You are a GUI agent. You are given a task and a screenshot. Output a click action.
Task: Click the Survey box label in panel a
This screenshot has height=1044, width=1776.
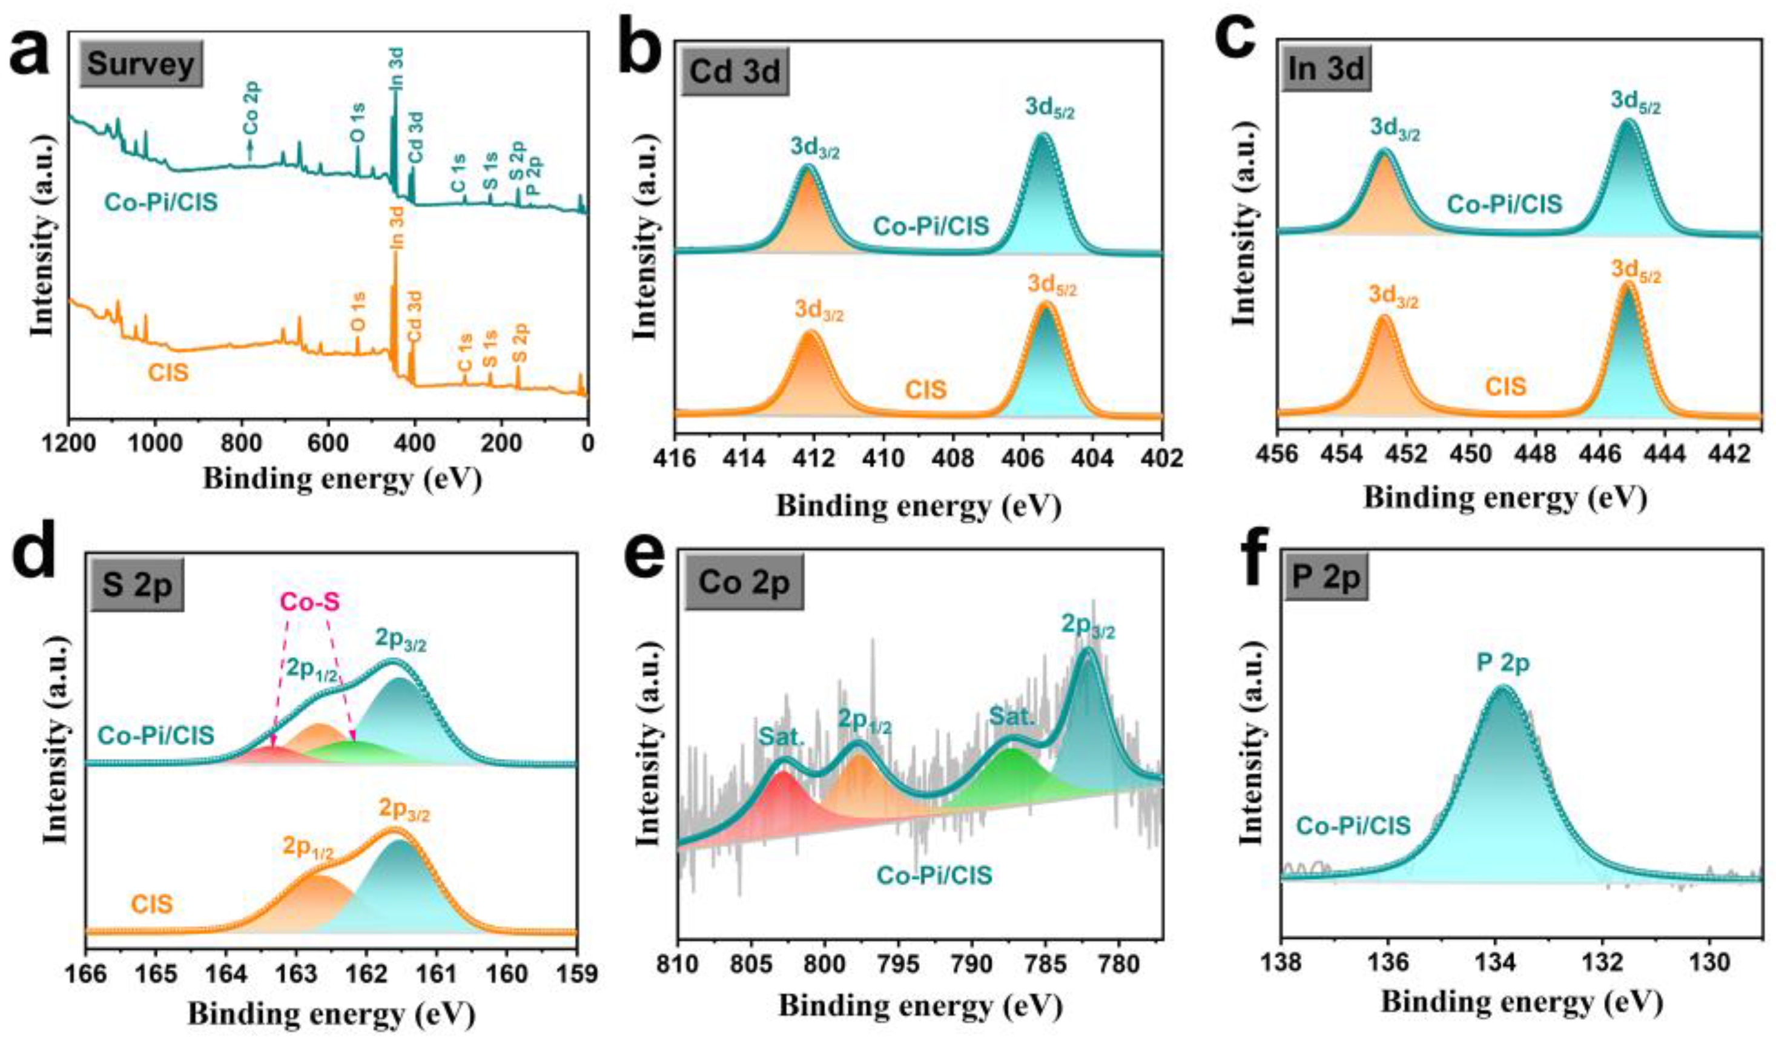(141, 64)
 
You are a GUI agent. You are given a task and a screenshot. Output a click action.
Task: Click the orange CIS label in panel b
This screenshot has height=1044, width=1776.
(925, 389)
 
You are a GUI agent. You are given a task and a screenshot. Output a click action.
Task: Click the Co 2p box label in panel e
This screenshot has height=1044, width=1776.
(744, 584)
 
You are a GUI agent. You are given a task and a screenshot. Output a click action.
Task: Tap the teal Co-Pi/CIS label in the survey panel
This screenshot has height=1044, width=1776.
(162, 203)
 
